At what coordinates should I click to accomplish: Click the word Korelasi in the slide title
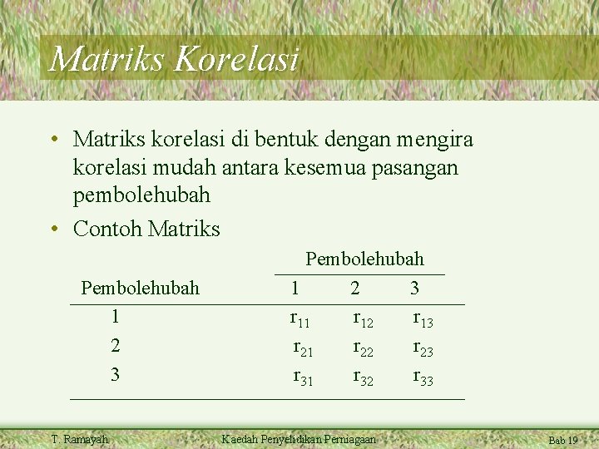point(237,60)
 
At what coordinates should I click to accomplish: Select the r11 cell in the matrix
point(299,318)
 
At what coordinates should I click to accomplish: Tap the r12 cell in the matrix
point(364,318)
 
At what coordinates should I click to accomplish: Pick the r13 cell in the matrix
point(423,318)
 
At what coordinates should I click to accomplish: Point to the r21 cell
point(303,348)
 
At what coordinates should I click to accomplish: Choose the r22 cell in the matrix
point(364,348)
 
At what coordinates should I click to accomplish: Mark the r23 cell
point(423,348)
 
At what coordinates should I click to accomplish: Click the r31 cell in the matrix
point(303,378)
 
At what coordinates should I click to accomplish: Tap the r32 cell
point(364,378)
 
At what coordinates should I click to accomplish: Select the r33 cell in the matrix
point(423,378)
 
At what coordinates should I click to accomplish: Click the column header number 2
point(355,289)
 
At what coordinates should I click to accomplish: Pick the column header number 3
point(414,289)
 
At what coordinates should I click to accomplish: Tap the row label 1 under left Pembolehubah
point(115,317)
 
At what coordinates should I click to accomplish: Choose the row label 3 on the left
point(115,375)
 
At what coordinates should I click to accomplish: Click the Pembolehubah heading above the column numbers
point(364,259)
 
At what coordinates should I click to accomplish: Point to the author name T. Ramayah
point(79,439)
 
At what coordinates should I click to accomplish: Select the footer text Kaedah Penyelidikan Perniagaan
point(298,439)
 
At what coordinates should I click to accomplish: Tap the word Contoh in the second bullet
point(107,228)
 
